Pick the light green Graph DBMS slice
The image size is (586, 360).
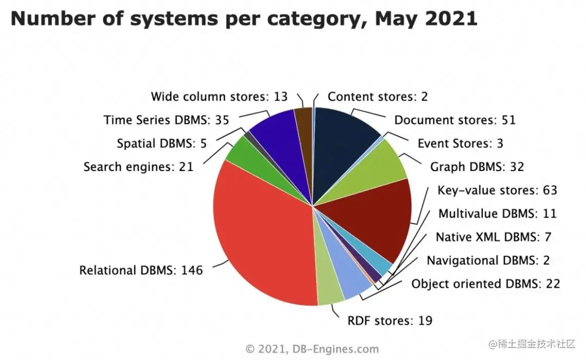pyautogui.click(x=377, y=168)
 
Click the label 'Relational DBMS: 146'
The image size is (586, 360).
pyautogui.click(x=141, y=270)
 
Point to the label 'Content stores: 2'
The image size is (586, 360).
pyautogui.click(x=378, y=97)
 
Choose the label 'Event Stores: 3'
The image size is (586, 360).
pyautogui.click(x=460, y=143)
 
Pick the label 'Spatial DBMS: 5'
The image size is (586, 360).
pyautogui.click(x=162, y=143)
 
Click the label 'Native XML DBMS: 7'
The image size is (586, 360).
pyautogui.click(x=493, y=237)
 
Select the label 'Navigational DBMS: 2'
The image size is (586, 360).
pyautogui.click(x=488, y=260)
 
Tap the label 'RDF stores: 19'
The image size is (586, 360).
pyautogui.click(x=390, y=320)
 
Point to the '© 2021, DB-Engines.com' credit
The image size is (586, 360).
pyautogui.click(x=312, y=349)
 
